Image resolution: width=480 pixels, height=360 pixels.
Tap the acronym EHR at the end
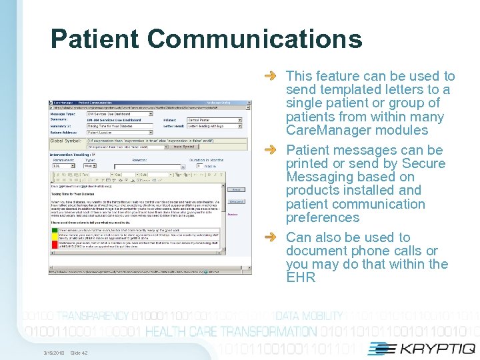[x=300, y=277]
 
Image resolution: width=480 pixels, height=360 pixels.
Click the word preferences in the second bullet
[x=323, y=217]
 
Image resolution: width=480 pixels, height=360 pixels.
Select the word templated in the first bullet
[x=350, y=89]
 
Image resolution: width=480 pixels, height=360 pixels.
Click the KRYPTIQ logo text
[x=437, y=348]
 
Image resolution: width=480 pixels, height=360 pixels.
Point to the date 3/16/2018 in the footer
[x=53, y=353]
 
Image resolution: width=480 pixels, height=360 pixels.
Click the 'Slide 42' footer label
[x=79, y=353]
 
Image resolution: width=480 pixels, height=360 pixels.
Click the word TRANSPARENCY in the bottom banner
[x=84, y=316]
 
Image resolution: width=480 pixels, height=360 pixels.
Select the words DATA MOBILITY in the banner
[x=309, y=316]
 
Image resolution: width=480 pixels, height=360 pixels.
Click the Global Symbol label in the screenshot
[x=65, y=141]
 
